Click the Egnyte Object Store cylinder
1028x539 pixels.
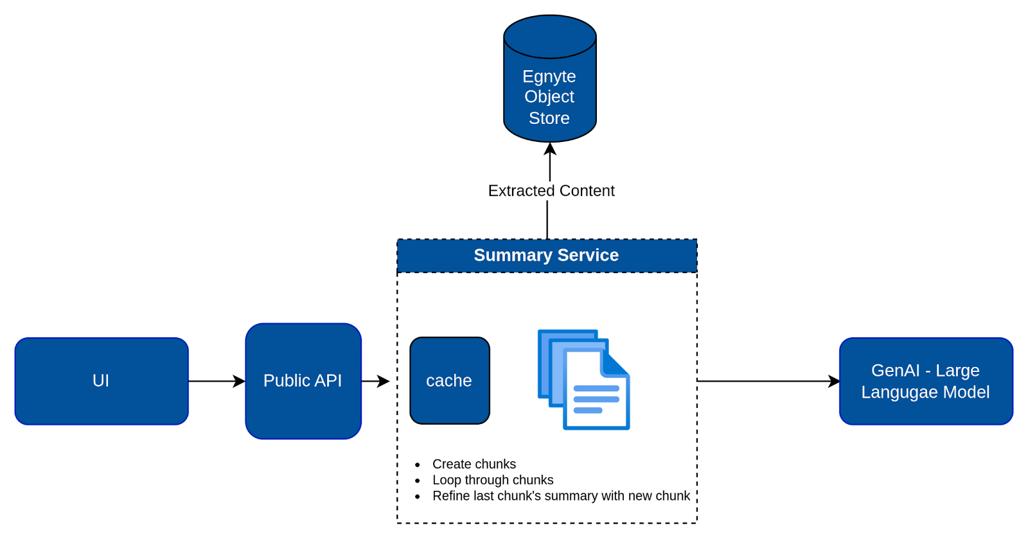[549, 80]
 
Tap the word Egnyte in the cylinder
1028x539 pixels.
[549, 76]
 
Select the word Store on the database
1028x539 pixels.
[549, 118]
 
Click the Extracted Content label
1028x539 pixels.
[551, 191]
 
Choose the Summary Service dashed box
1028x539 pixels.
[547, 256]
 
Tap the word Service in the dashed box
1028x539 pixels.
[588, 256]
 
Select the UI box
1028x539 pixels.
[102, 381]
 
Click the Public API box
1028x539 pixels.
[303, 381]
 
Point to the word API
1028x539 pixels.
[328, 381]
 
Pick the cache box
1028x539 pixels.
[450, 380]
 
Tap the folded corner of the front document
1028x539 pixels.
[615, 364]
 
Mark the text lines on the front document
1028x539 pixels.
[596, 399]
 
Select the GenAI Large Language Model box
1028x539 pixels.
[926, 382]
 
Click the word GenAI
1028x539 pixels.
[896, 371]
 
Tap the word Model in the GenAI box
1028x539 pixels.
[966, 393]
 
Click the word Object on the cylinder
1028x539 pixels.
[549, 97]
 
